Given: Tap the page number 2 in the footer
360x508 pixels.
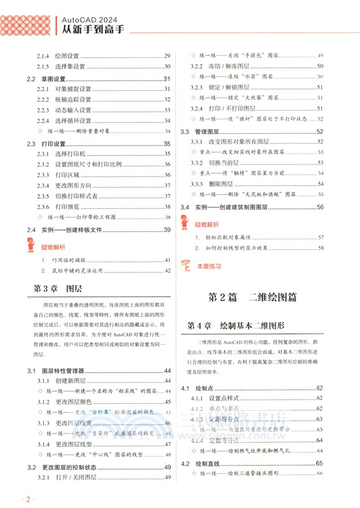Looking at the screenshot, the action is [x=28, y=499].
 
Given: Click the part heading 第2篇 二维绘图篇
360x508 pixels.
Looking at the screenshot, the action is [x=253, y=298].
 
